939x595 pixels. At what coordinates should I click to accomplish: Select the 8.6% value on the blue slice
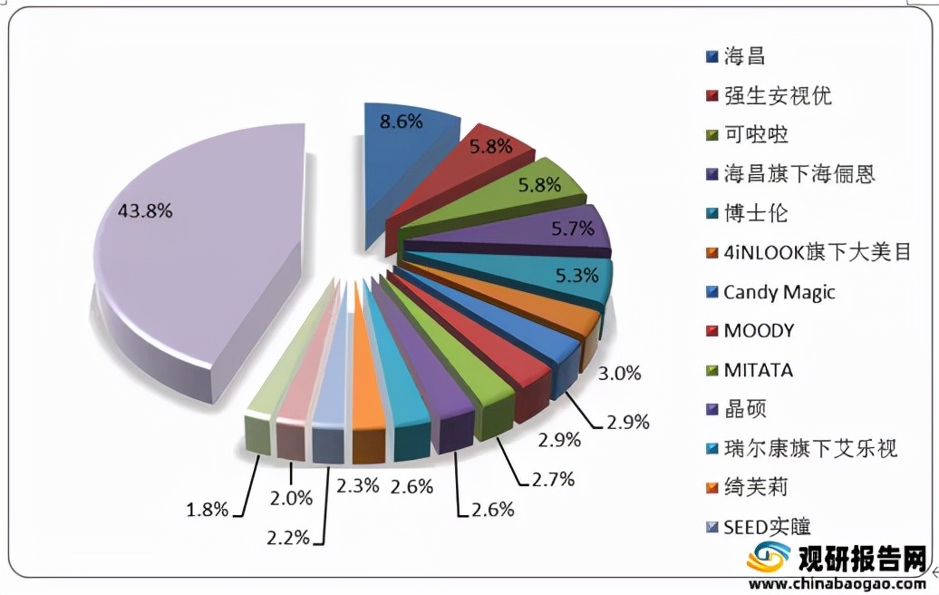pos(401,121)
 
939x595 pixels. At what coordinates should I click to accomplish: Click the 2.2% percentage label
pos(287,538)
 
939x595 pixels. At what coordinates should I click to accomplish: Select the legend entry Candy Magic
pos(779,292)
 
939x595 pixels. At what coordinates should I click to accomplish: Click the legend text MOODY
pos(759,331)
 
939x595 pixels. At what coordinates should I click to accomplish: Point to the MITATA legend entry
pos(759,370)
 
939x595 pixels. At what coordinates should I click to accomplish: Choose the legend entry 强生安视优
pos(778,95)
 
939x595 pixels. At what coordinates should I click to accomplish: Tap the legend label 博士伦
pos(756,213)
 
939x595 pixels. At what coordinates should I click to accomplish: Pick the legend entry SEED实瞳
pos(767,526)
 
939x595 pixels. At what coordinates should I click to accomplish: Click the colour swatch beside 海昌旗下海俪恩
pos(713,175)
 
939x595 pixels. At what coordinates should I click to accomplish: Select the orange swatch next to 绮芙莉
pos(713,488)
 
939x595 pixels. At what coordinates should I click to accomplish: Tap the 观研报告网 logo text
pos(861,556)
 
